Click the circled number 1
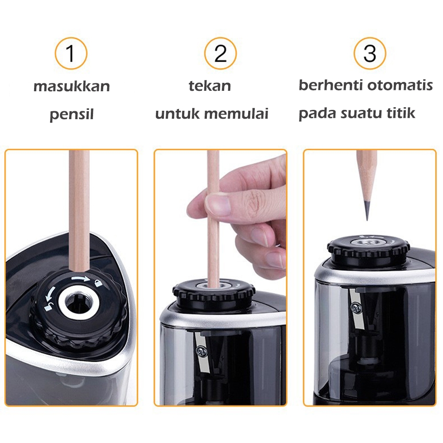pos(71,53)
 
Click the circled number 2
pos(220,53)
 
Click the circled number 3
pos(369,53)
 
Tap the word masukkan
pos(72,86)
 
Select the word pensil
pos(71,115)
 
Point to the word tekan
pos(210,85)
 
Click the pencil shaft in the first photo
pos(80,208)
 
